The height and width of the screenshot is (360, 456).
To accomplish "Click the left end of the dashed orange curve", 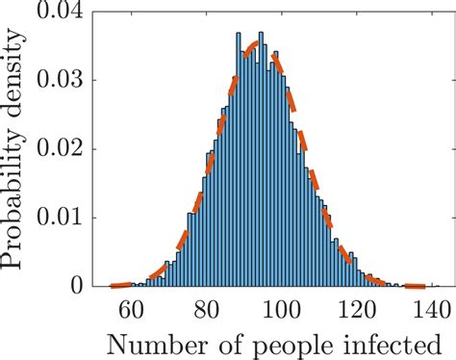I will tap(113, 286).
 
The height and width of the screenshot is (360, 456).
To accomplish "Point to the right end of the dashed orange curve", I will tap(423, 286).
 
